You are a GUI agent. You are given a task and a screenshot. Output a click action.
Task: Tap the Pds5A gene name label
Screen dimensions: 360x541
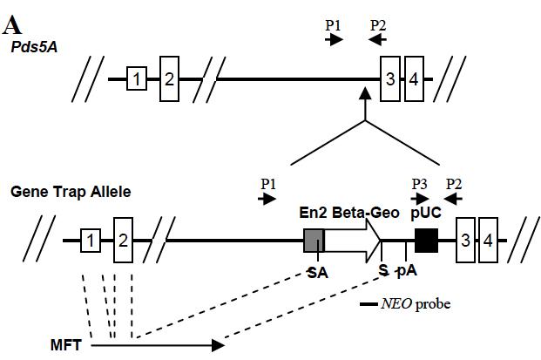coord(35,46)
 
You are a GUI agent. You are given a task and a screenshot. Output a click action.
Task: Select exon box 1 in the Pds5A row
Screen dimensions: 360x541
coord(136,79)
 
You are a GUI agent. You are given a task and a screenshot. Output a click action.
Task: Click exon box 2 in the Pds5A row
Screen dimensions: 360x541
coord(169,79)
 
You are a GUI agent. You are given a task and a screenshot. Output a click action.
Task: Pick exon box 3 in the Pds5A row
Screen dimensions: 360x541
coord(390,79)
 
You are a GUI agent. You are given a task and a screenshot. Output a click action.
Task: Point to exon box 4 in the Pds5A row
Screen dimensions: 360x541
coord(414,79)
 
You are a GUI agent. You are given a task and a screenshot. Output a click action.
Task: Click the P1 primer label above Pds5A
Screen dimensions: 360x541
coord(334,24)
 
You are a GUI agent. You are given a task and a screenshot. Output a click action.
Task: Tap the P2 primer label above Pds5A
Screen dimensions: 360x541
coord(378,24)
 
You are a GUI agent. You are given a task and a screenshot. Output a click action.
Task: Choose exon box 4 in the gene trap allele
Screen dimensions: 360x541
coord(489,240)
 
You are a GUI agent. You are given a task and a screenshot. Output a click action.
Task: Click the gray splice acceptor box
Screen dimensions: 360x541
coord(314,240)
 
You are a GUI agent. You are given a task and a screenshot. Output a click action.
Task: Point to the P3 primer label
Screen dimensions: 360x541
coord(420,184)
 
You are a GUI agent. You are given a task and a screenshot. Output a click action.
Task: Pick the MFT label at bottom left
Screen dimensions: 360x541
coord(66,346)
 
